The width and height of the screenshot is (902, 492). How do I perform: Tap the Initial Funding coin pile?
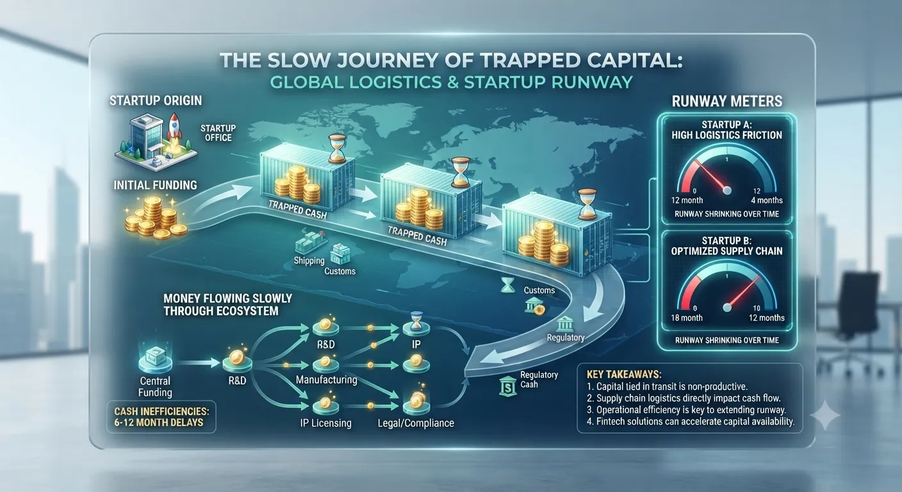[155, 217]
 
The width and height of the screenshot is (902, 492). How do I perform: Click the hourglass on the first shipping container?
[338, 149]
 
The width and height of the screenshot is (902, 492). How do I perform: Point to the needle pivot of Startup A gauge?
[727, 190]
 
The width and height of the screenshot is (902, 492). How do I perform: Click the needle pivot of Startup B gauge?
[727, 307]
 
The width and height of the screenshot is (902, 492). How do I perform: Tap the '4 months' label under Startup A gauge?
[767, 200]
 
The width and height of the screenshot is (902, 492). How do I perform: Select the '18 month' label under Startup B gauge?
[687, 318]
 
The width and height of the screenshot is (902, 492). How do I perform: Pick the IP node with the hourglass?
[416, 325]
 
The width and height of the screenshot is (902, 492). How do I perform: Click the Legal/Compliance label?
[416, 423]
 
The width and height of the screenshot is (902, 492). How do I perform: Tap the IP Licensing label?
[326, 423]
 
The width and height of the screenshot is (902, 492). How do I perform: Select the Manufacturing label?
[327, 380]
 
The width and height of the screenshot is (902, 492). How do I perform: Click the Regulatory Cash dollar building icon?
[508, 386]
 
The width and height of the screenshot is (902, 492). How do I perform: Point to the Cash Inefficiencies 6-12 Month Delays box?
[161, 416]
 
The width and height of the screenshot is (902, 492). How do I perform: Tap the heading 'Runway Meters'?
[727, 101]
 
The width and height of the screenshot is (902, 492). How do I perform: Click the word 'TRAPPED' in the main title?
[533, 60]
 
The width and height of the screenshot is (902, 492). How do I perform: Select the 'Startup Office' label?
[218, 133]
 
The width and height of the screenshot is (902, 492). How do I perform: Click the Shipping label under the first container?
[309, 261]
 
